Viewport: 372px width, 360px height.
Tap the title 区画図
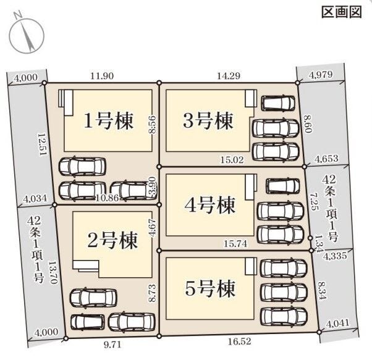click(341, 12)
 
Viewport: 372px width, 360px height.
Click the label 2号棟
click(112, 238)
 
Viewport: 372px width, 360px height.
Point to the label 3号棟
click(209, 120)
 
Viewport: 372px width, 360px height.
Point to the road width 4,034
click(34, 199)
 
